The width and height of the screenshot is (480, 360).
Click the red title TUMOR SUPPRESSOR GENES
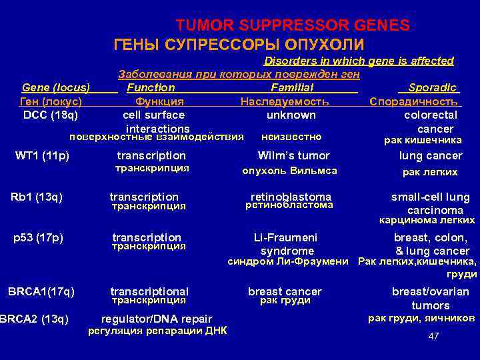293,25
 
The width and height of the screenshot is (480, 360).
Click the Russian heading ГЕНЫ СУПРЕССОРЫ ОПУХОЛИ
239,45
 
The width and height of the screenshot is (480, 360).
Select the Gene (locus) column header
56,87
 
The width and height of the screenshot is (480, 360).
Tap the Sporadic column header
433,87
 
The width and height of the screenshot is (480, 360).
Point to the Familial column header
292,87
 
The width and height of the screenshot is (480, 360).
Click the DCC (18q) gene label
51,115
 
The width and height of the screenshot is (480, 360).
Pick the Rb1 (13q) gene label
37,196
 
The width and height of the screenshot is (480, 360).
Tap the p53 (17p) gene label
38,237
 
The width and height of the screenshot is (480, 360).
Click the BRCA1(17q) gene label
41,291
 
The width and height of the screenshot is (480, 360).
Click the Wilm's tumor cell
293,155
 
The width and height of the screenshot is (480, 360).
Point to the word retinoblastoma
291,197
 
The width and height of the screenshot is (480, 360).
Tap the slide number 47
433,336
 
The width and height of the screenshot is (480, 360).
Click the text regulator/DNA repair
157,319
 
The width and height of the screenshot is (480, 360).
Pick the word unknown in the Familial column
291,115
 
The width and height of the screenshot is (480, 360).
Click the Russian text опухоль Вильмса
289,171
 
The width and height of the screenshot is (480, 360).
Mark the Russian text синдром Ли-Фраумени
288,261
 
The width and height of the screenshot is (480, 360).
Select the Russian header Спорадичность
415,101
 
